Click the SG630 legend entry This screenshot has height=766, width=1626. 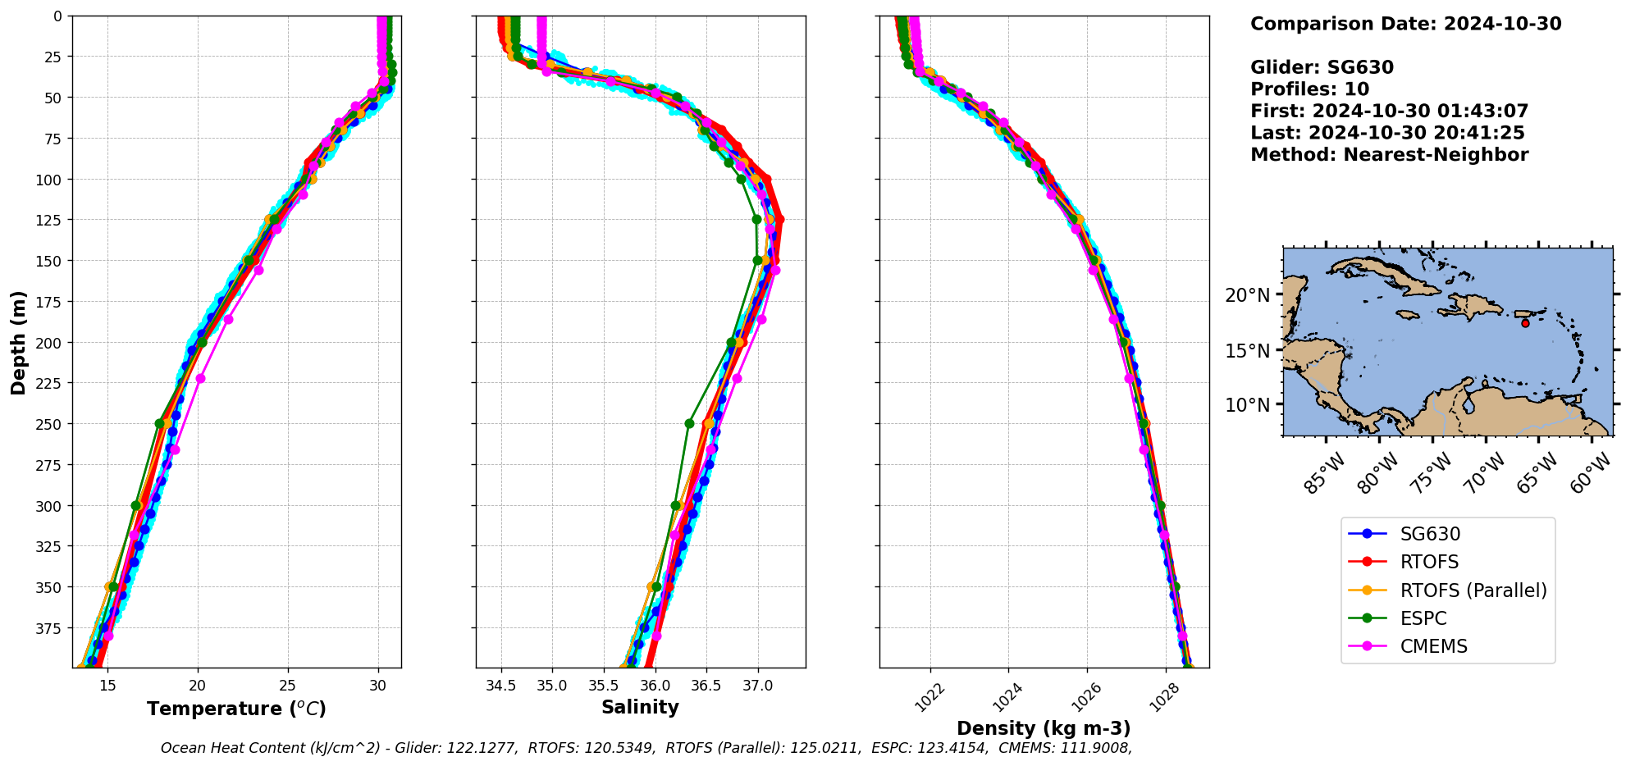click(1430, 534)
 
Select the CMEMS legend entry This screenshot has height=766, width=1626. click(1433, 646)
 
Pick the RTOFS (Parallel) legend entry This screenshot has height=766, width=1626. click(1473, 590)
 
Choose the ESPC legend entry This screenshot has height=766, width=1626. click(1423, 618)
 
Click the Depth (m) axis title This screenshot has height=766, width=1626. click(18, 342)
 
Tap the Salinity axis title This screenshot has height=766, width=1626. click(640, 707)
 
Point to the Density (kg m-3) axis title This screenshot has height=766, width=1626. click(1044, 728)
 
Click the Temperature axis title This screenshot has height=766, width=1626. click(236, 709)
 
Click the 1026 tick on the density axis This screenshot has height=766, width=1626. click(1085, 695)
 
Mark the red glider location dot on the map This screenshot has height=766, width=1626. click(1525, 323)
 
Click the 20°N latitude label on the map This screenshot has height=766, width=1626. click(1247, 295)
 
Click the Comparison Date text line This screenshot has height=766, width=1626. click(1405, 24)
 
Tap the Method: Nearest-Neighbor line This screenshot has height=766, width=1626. click(1389, 155)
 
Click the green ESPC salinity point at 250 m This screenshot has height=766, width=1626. click(689, 424)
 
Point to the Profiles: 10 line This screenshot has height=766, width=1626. click(1309, 89)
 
